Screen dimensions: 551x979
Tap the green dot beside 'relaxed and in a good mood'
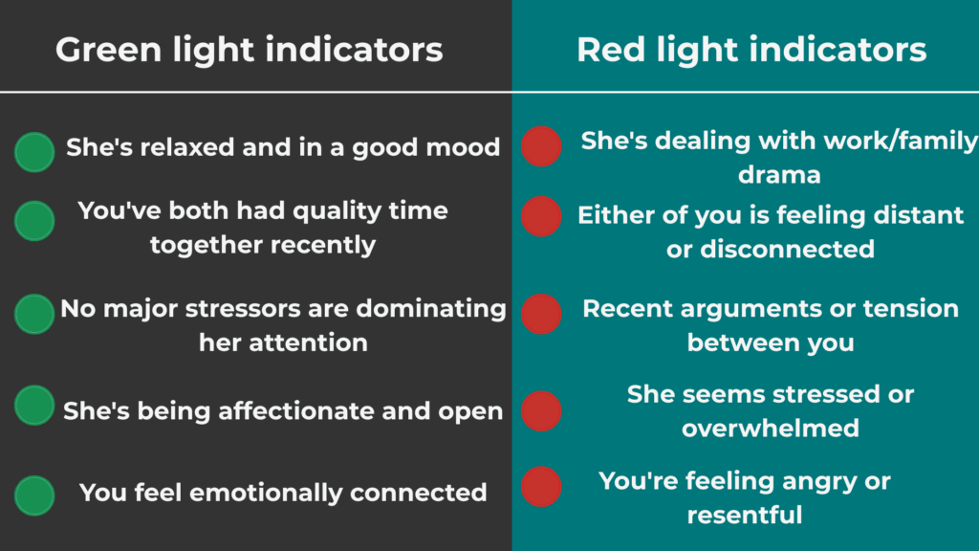(x=34, y=152)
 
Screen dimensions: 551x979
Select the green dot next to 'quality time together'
(x=34, y=220)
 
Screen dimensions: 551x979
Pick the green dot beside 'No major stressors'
(x=34, y=314)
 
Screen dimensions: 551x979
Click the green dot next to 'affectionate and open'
(x=34, y=405)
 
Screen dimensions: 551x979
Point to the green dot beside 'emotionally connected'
(x=34, y=496)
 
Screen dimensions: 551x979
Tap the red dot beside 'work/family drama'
(x=541, y=146)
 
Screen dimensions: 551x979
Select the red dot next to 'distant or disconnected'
(x=541, y=216)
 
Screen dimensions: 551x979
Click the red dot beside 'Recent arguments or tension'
(x=541, y=314)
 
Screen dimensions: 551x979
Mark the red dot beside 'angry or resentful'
(x=541, y=486)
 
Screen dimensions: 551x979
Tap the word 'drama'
(x=779, y=176)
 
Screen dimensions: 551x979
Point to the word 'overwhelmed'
(x=771, y=428)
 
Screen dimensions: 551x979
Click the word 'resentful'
(x=745, y=516)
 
